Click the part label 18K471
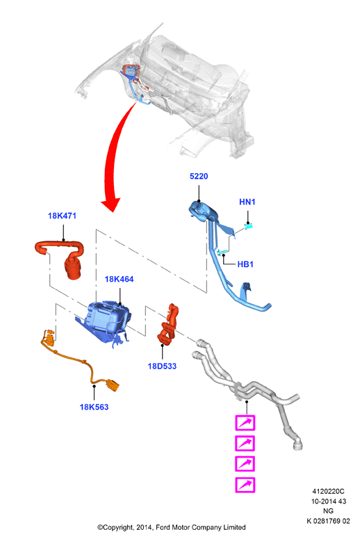62,216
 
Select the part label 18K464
119,279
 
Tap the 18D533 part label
162,366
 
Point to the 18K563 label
94,407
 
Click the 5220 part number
199,177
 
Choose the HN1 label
247,202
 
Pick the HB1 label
245,264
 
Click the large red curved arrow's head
111,204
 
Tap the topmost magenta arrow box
245,423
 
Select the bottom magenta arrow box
245,485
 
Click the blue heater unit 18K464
105,321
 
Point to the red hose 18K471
61,257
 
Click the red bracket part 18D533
168,324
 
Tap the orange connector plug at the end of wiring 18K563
113,385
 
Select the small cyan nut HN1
249,226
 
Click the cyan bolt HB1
222,252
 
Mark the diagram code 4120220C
328,492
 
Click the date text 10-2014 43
329,501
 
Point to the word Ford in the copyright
164,527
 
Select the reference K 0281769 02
328,521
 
